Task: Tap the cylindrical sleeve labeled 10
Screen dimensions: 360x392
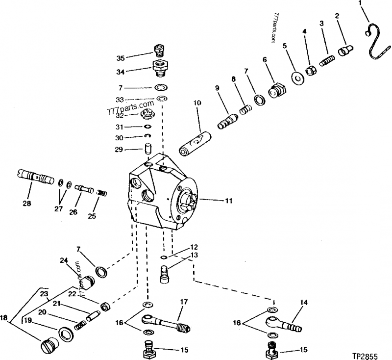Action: (x=195, y=144)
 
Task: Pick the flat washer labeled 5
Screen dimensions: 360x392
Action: (x=297, y=77)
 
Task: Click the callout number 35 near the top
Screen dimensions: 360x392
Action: (x=121, y=58)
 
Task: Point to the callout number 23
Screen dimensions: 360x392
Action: (x=45, y=294)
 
